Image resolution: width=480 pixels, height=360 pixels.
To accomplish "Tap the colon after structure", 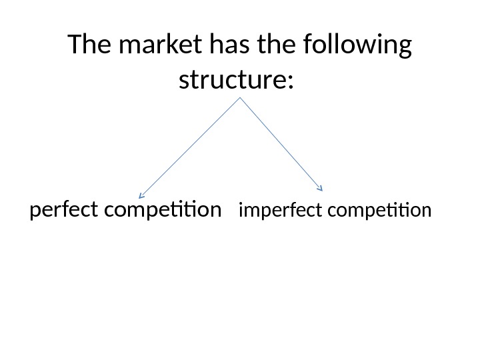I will pyautogui.click(x=289, y=83).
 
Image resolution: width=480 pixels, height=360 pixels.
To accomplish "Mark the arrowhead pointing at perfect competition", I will pyautogui.click(x=141, y=196).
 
